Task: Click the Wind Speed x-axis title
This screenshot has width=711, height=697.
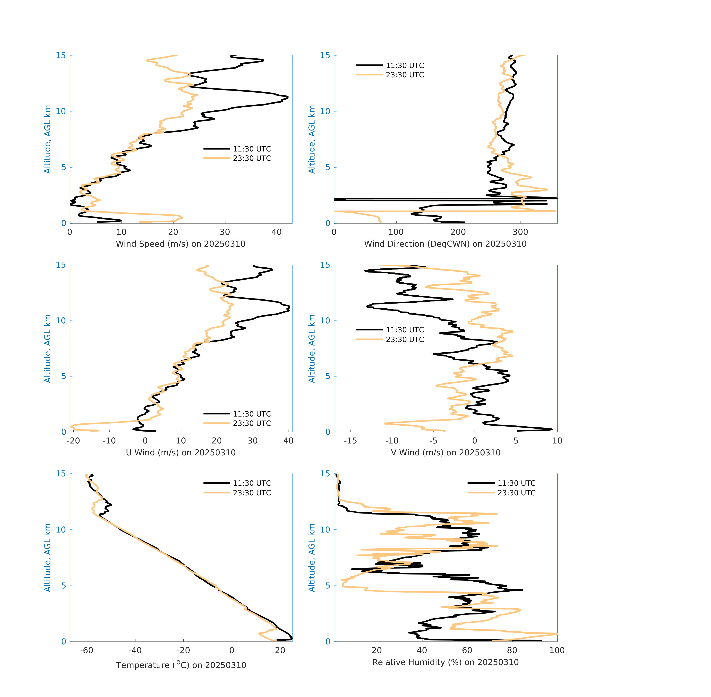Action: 180,244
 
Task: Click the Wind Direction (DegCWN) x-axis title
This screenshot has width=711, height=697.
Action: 445,244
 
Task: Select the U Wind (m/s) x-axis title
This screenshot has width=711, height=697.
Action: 180,452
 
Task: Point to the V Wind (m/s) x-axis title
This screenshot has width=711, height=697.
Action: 445,452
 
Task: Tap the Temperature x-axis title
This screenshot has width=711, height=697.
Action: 181,665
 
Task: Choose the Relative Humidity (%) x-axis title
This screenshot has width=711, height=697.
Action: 445,662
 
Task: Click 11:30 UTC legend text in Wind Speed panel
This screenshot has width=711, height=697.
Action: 252,149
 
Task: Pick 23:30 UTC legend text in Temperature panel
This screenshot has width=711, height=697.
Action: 252,493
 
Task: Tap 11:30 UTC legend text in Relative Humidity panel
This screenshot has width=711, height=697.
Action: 516,483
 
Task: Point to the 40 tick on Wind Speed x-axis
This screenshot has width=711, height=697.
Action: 276,232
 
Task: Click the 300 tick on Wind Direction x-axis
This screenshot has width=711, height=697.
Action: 520,232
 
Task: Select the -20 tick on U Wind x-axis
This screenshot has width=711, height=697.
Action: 73,441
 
